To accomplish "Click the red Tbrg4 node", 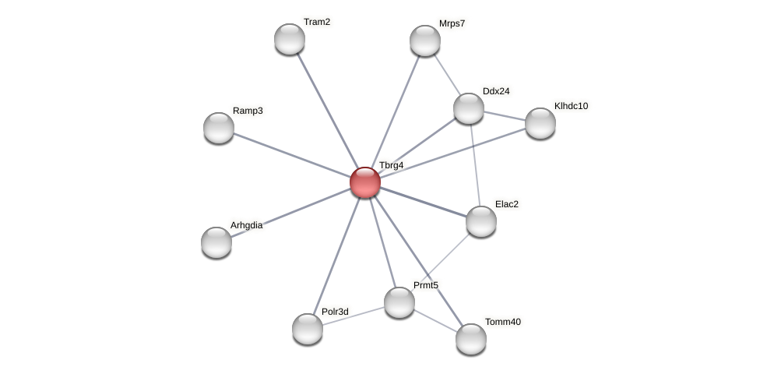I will (x=364, y=182).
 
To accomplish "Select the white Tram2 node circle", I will (x=290, y=39).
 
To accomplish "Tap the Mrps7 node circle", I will (x=425, y=41).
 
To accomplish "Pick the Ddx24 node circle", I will (x=469, y=108).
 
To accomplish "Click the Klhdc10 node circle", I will (x=540, y=123).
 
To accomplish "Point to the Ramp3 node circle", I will (x=219, y=128).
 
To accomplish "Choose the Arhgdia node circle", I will (x=216, y=242).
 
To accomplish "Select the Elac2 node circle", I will (x=481, y=221).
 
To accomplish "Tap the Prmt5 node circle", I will (x=399, y=302).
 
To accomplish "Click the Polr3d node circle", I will (x=308, y=328).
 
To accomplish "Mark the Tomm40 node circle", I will (x=471, y=338).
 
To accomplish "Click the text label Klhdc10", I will (x=571, y=106).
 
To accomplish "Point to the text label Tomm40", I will (x=502, y=322).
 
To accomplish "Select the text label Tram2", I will (x=316, y=22).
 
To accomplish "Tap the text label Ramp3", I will (x=248, y=111).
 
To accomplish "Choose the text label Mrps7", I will (x=452, y=23).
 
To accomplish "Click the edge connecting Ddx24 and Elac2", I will (x=475, y=165).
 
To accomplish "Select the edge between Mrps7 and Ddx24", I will (x=447, y=75).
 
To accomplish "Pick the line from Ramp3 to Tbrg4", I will (x=292, y=155).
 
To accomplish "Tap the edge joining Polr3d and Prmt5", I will (x=354, y=316).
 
